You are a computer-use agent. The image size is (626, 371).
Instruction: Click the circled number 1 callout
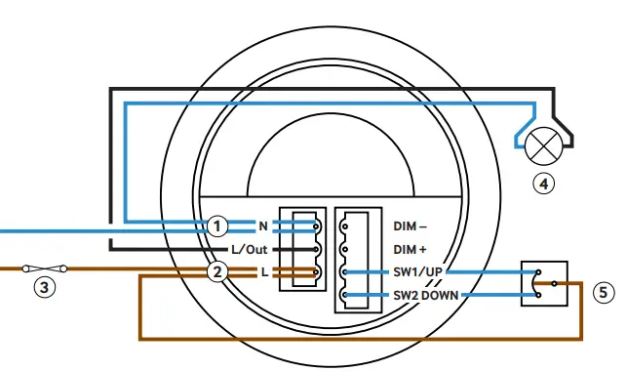tap(218, 226)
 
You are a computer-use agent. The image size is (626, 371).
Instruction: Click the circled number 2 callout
tap(218, 272)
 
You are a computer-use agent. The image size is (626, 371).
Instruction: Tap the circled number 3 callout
tap(44, 287)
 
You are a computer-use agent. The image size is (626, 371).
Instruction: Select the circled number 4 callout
tap(543, 182)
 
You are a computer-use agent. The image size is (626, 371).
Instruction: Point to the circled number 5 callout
tap(604, 290)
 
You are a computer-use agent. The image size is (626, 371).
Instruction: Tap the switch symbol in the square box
tap(542, 283)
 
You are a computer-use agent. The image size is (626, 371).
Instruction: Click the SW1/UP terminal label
tap(419, 272)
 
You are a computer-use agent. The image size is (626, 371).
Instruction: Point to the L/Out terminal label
tap(249, 249)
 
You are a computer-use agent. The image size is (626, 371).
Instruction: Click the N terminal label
tap(262, 226)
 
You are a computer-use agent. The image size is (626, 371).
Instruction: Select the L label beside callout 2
tap(263, 272)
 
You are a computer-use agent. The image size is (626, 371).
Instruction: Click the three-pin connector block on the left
tap(300, 249)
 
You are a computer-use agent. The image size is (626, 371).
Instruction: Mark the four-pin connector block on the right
tap(359, 260)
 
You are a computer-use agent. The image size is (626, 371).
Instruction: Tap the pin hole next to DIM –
tap(345, 226)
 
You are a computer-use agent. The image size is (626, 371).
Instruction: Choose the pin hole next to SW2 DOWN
tap(345, 295)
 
